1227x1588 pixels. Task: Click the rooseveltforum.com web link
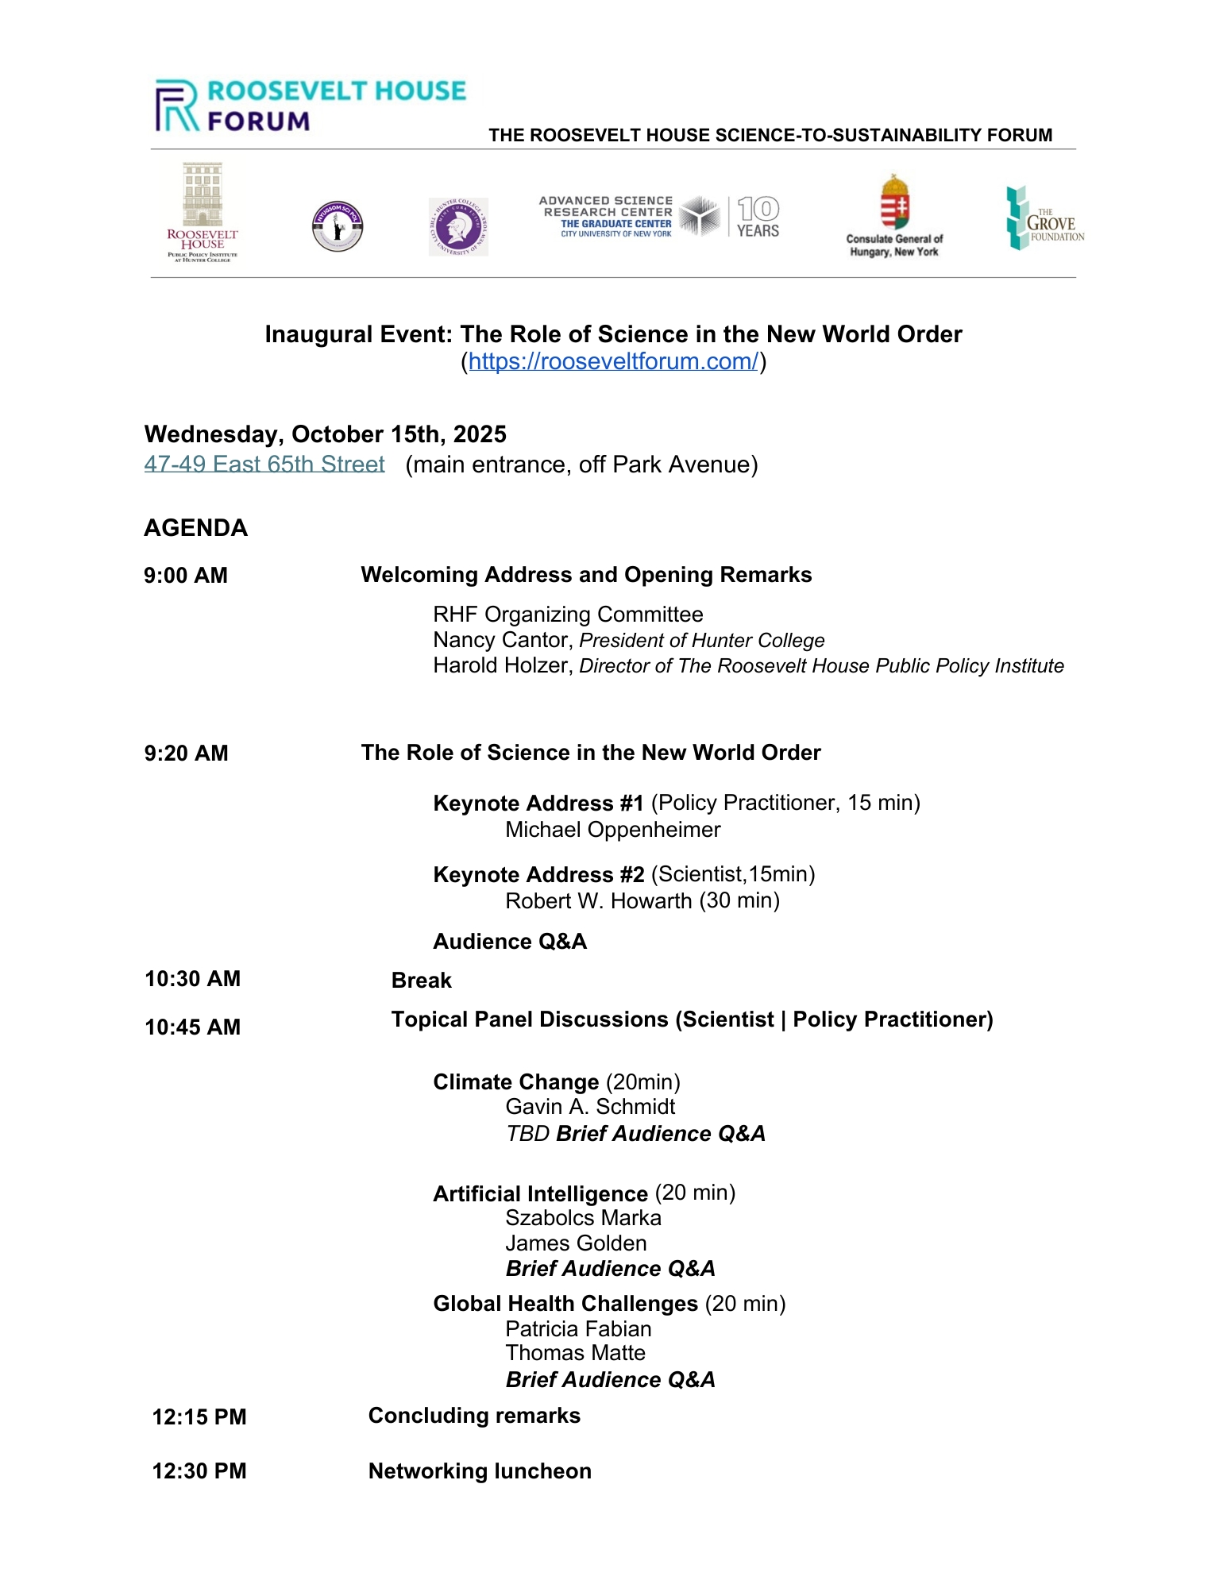tap(613, 362)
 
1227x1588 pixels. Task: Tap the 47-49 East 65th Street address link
tap(264, 464)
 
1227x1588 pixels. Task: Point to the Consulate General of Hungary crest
tap(894, 202)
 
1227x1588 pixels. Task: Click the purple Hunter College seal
tap(458, 226)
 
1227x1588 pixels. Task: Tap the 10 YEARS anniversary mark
tap(758, 217)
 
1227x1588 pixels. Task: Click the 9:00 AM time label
tap(186, 576)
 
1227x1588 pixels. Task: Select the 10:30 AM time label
tap(192, 979)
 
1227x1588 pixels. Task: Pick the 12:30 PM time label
tap(199, 1471)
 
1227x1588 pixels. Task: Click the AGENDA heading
tap(196, 528)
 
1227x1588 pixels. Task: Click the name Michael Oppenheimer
tap(613, 830)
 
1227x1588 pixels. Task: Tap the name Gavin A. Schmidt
tap(590, 1107)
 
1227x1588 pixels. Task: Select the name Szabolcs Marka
tap(583, 1218)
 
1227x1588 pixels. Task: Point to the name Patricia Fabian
tap(578, 1329)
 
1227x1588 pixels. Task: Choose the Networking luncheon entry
tap(480, 1471)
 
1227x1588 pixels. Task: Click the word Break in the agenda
tap(422, 981)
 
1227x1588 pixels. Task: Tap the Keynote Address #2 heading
tap(538, 875)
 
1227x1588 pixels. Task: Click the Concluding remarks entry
tap(474, 1416)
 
